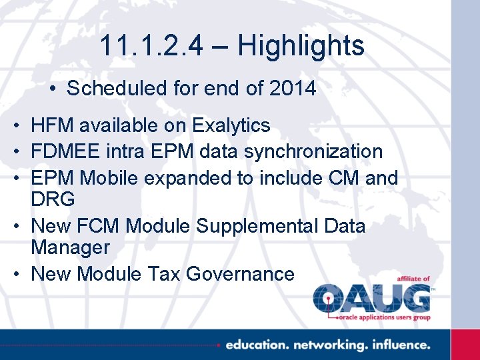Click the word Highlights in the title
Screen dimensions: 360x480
[x=301, y=46]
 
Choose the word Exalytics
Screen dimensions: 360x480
[x=231, y=125]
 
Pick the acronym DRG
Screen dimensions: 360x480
[x=53, y=199]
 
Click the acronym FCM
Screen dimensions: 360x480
[x=101, y=226]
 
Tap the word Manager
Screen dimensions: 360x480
[x=70, y=247]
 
